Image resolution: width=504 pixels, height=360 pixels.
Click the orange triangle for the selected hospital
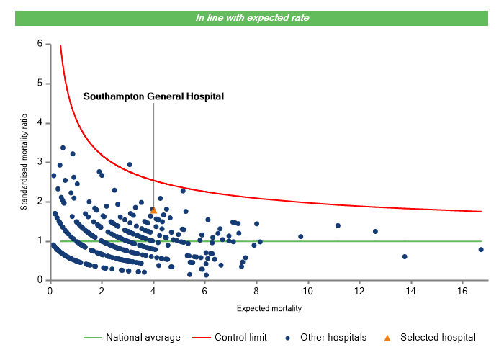point(154,210)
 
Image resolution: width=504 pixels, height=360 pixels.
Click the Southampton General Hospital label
point(153,96)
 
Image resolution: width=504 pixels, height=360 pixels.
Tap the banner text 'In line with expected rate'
point(253,18)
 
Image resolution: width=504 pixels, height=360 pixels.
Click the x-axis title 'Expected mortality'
point(269,309)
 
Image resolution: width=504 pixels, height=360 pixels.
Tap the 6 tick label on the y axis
point(39,44)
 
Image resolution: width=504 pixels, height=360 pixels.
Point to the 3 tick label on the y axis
point(39,162)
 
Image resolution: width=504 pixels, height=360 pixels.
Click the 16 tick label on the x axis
point(463,291)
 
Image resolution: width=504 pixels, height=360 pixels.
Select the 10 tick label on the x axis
point(308,291)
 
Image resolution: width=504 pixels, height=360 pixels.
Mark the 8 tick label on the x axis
point(256,291)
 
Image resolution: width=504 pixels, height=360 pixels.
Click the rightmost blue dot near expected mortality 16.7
point(481,249)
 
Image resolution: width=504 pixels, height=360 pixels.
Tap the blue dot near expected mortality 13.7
point(405,256)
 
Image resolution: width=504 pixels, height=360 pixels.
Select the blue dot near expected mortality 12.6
point(375,231)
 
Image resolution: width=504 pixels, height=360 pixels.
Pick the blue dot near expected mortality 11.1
point(338,225)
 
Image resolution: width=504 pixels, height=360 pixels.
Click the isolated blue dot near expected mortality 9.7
point(301,236)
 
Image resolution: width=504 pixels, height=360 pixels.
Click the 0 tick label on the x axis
point(50,291)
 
